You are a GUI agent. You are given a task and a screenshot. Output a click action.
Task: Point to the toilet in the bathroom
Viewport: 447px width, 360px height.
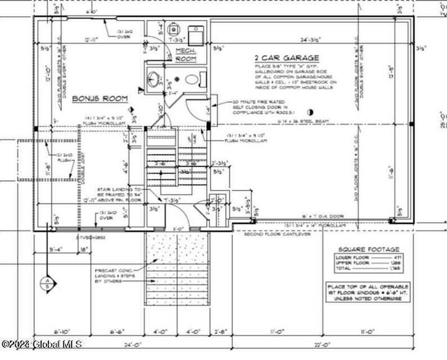coord(193,79)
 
